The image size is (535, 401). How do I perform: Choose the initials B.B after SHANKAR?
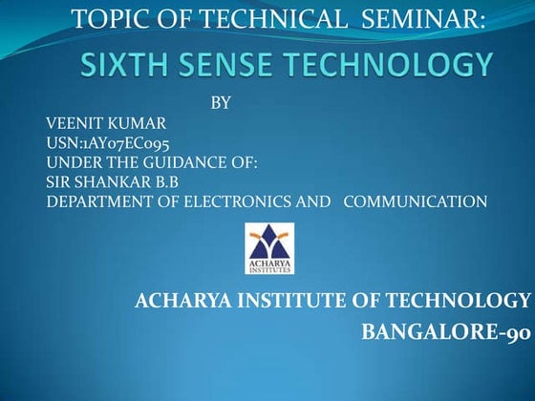(163, 181)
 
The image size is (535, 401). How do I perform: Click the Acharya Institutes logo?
(270, 247)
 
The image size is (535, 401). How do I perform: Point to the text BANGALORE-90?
(445, 333)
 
